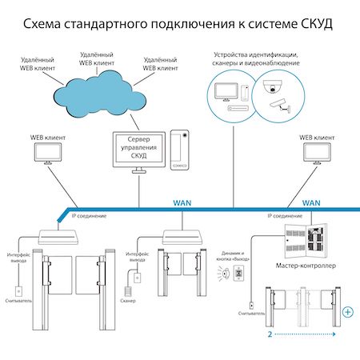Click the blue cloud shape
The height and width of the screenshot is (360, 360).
pos(99,96)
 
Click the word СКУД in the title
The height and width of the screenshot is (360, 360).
pos(317,24)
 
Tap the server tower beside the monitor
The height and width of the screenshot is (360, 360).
pos(180,150)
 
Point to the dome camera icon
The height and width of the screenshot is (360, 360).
pos(272,87)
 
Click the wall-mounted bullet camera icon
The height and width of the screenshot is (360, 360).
pos(280,106)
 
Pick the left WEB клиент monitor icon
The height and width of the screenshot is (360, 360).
pos(48,154)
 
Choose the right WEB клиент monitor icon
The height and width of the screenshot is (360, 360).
pos(317,154)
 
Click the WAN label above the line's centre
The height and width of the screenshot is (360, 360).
pos(182,203)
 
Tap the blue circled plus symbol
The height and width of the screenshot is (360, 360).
pos(348,312)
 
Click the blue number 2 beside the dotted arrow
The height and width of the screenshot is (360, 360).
pos(270,334)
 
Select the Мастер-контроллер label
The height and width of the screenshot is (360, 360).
pos(306,266)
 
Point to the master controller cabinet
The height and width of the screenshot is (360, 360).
pos(306,241)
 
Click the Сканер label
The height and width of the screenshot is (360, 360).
pos(128,301)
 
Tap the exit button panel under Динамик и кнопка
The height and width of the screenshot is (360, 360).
pos(238,273)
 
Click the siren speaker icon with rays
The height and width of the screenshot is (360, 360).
pos(224,274)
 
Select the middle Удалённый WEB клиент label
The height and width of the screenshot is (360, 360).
pos(97,59)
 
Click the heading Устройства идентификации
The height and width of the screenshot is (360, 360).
pos(256,54)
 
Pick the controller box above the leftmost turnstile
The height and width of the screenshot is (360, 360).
pos(58,237)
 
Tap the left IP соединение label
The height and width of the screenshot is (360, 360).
pos(89,216)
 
